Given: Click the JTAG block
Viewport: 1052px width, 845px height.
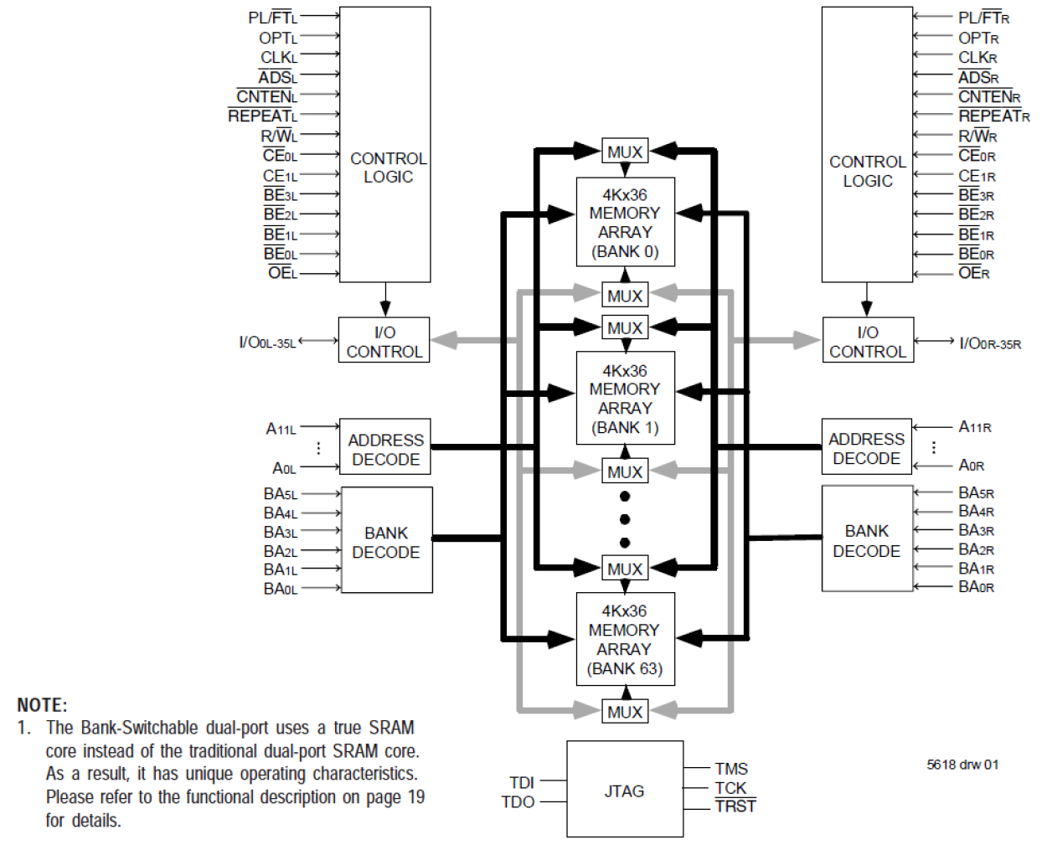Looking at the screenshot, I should [624, 789].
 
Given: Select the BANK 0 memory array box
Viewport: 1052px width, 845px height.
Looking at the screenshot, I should [625, 222].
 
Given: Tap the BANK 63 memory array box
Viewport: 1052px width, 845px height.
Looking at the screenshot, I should [625, 639].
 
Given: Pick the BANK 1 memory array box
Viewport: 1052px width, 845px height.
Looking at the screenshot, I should [625, 398].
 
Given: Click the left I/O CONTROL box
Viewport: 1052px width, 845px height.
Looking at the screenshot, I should [384, 341].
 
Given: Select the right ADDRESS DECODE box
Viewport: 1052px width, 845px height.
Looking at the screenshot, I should [866, 448].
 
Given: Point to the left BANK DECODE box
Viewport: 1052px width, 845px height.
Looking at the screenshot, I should [386, 541].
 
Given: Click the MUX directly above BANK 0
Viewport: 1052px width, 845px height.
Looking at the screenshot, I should [625, 152].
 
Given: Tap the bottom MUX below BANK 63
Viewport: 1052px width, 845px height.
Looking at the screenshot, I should [625, 712].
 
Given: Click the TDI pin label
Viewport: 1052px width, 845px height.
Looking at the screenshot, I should [521, 782].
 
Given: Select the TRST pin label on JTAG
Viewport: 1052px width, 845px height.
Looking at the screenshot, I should [735, 806].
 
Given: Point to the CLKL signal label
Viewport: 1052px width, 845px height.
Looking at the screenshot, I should [278, 58].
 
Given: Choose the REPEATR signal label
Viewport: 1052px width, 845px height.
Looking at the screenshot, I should [993, 116].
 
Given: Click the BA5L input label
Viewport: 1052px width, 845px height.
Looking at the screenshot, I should [280, 494].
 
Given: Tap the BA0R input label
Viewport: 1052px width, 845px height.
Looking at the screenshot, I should [976, 587].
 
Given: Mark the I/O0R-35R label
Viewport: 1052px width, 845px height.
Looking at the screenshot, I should [990, 343].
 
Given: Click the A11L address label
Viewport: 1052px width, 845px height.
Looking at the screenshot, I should [281, 429].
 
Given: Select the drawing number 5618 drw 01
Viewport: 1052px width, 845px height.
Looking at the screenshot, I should [962, 765].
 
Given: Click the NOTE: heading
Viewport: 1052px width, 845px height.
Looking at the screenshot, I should [42, 705].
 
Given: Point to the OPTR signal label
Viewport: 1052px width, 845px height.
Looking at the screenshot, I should [978, 39].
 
